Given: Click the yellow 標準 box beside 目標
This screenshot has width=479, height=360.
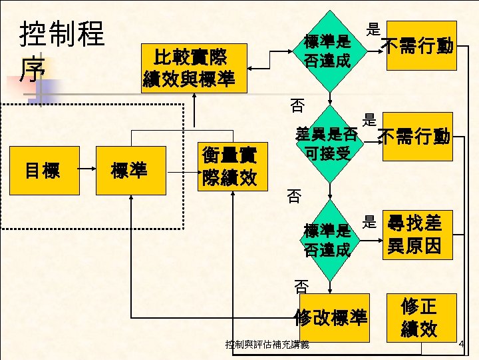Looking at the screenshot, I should [x=130, y=171].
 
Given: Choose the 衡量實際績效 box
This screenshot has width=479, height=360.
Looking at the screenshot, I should [x=230, y=168].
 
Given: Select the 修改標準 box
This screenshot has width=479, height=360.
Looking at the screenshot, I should [x=331, y=318].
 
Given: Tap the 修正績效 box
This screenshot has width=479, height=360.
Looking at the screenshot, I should [x=418, y=317].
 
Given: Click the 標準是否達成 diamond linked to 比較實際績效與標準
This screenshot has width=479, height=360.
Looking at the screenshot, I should [x=327, y=51].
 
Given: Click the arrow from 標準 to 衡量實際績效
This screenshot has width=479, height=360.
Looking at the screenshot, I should [x=182, y=171].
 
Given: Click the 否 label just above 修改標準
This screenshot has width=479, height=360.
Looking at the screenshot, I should [x=301, y=287].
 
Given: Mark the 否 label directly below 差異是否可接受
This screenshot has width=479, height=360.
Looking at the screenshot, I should [x=294, y=196].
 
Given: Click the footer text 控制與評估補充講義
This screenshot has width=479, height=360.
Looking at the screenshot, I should [x=267, y=345].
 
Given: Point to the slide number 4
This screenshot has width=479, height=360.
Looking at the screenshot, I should [x=462, y=343].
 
